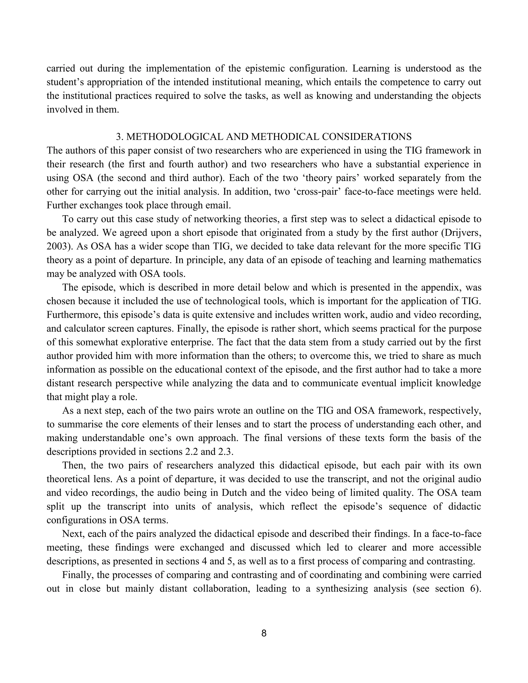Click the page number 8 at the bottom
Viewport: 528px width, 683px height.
(x=264, y=633)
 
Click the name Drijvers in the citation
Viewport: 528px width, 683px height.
(x=461, y=233)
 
